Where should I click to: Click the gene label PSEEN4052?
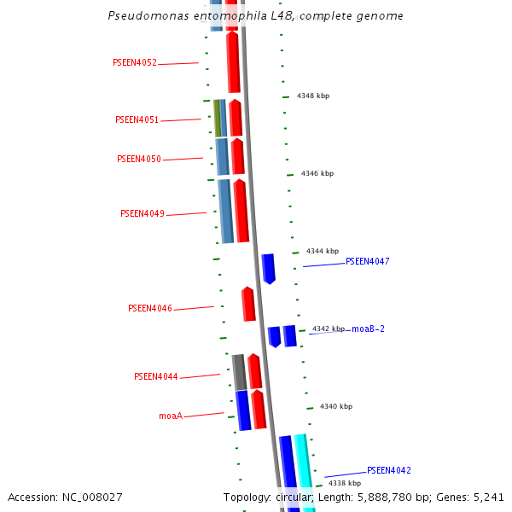[x=135, y=63]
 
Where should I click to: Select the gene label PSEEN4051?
[x=137, y=120]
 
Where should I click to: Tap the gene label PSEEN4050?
[x=139, y=160]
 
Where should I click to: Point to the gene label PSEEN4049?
[x=143, y=214]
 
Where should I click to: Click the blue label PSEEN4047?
[x=367, y=262]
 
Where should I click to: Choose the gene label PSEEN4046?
[x=150, y=309]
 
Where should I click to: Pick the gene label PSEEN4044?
[x=156, y=377]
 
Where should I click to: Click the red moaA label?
[x=171, y=416]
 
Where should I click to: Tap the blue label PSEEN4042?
[x=389, y=471]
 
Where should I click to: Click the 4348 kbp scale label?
[x=313, y=96]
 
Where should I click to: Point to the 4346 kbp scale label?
[x=317, y=174]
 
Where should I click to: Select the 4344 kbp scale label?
[x=323, y=252]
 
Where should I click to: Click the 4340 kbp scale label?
[x=335, y=407]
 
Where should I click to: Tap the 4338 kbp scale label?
[x=345, y=484]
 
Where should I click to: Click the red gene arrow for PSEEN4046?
[x=248, y=305]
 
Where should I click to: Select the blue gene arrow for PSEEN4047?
[x=269, y=268]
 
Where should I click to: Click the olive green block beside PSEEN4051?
[x=218, y=119]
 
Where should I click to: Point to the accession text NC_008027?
[x=65, y=497]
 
